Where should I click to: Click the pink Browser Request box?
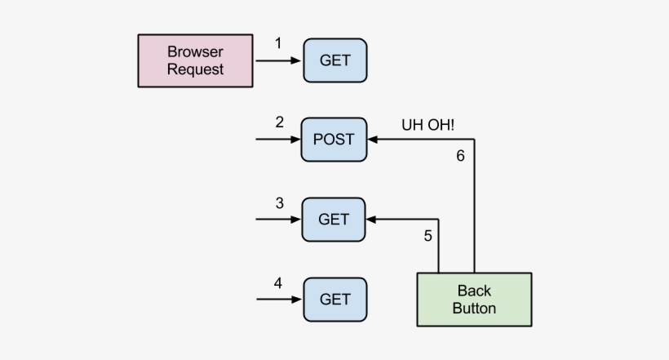195,60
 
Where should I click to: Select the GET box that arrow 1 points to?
334,60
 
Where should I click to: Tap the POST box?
334,139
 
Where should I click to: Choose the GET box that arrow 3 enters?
334,219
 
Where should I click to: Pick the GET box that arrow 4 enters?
334,299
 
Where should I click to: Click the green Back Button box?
474,299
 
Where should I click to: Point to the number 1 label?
278,43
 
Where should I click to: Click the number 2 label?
279,122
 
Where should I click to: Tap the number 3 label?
279,202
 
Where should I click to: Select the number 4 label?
278,283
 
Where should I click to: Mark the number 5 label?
428,236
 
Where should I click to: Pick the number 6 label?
460,156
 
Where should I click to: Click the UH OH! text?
428,125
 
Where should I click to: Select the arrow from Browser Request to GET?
277,60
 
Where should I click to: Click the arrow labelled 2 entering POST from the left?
277,140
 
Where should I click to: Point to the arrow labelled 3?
277,219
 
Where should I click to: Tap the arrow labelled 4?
277,299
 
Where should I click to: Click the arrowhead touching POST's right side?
372,140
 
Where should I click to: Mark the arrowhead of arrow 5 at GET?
372,219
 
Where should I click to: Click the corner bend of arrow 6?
474,140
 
